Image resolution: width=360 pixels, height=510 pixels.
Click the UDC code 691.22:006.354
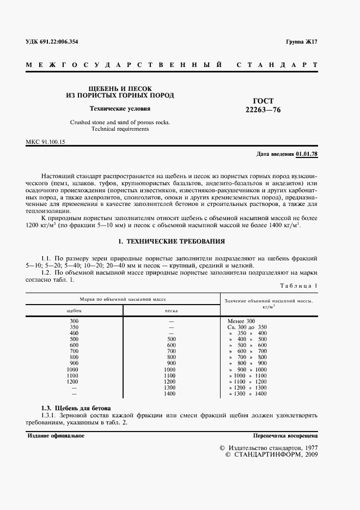point(54,42)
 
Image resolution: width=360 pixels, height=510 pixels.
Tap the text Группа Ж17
point(301,42)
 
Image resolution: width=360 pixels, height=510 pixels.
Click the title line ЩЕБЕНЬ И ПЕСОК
point(120,88)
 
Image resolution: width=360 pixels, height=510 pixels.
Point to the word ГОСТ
point(264,101)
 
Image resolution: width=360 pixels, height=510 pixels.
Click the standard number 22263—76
point(264,110)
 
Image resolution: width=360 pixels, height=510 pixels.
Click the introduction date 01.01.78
point(307,155)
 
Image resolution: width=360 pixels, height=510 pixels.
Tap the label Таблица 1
point(298,286)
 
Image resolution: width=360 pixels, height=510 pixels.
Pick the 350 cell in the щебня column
point(74,327)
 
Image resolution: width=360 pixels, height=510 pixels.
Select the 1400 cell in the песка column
point(171,393)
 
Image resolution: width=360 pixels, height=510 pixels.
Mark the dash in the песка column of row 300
point(171,321)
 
